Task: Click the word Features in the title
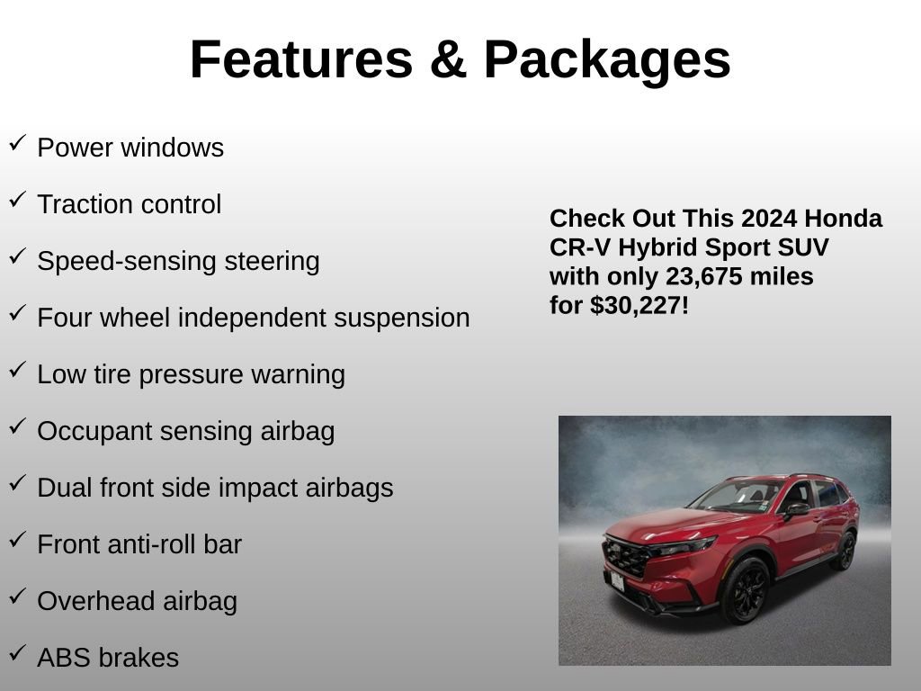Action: pos(300,59)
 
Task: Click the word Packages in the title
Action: pos(606,59)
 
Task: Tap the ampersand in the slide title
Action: pos(447,59)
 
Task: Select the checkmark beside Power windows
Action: pos(17,143)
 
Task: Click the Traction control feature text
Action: pos(129,204)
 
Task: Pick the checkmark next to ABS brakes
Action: pos(17,654)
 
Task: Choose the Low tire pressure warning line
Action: pos(191,374)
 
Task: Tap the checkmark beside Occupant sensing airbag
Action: pos(17,427)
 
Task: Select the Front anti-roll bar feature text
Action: pos(139,544)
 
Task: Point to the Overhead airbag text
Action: pos(137,601)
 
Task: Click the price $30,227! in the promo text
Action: pos(639,306)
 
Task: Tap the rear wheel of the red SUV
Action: pos(845,551)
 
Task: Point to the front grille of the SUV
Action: pos(626,556)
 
